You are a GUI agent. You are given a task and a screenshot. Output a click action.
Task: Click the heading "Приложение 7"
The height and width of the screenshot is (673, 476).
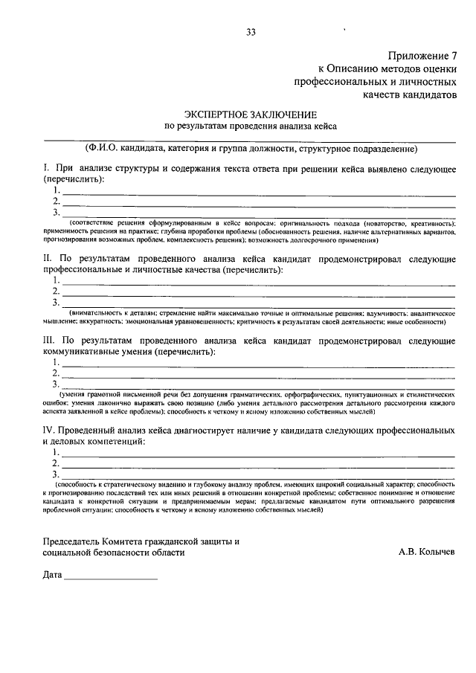point(421,56)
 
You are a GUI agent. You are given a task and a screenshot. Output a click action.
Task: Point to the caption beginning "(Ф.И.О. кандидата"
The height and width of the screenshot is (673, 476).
point(251,147)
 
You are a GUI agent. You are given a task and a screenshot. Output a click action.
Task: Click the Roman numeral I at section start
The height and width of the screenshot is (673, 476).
point(45,169)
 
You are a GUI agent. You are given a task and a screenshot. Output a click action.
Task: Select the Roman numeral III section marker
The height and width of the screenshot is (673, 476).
point(48,340)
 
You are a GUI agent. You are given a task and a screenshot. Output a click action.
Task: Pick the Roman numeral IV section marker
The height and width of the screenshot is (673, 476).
point(49,431)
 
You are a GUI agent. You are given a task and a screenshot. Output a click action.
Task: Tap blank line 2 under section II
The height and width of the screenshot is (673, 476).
point(257,294)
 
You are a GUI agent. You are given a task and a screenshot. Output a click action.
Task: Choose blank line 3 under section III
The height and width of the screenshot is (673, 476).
point(257,385)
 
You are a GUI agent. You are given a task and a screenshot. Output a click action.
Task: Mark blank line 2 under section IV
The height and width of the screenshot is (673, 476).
point(257,465)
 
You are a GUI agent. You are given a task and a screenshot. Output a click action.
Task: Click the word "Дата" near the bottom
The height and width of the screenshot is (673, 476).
point(52,576)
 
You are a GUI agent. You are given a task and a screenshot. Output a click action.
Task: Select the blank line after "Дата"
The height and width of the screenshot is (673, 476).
point(110,579)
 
